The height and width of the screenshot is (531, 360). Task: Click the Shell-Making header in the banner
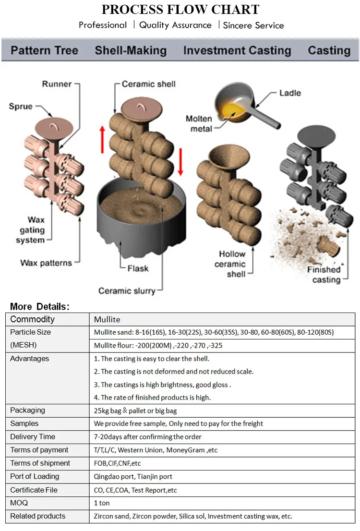(131, 50)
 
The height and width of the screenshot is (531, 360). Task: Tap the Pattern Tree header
(44, 50)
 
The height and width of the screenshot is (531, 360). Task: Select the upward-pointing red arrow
(102, 139)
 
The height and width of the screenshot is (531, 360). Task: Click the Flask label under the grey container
(138, 268)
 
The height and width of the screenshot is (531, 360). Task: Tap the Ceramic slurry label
(127, 290)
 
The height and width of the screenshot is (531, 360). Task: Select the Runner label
(57, 84)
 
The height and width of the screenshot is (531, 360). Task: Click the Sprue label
(21, 106)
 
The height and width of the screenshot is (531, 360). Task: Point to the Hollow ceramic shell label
(232, 264)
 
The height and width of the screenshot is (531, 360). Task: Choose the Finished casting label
(324, 274)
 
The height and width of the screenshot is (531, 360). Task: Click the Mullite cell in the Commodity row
(107, 319)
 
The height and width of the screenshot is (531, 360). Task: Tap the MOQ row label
(19, 503)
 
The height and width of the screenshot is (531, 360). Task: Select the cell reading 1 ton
(102, 503)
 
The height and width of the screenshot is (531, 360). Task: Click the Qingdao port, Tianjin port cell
(133, 476)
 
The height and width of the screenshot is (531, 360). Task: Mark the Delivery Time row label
(33, 436)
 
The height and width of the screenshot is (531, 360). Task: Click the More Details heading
(40, 306)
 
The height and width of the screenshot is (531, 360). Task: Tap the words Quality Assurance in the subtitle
(175, 25)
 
